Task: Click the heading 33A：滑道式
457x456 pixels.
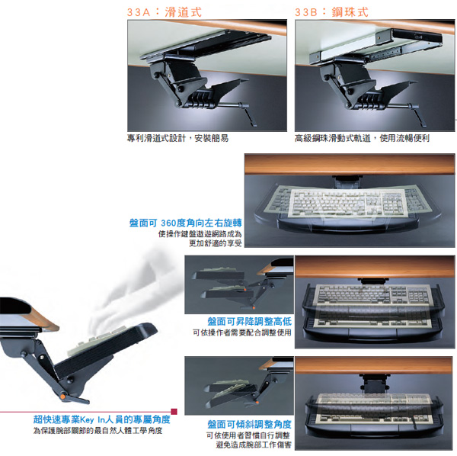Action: [164, 12]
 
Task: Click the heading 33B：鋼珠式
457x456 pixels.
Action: [331, 12]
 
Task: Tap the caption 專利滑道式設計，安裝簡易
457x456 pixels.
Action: [177, 138]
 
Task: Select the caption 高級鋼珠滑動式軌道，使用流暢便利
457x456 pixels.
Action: [362, 138]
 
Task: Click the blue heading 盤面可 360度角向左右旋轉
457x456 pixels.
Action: [185, 223]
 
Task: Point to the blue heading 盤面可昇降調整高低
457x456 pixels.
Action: [250, 321]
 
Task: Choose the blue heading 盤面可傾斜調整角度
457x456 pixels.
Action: [249, 424]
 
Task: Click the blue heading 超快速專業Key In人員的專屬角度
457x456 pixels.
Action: [102, 419]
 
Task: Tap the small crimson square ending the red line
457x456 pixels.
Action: [174, 412]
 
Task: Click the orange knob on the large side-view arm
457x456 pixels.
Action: [62, 397]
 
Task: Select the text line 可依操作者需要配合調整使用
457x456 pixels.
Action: [242, 332]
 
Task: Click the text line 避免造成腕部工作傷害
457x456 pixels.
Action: [254, 445]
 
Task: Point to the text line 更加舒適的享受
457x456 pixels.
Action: [216, 243]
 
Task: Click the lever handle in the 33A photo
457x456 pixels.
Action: [248, 114]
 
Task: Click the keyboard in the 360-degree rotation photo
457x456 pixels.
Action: [348, 203]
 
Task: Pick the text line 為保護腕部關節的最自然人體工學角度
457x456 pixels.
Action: [97, 431]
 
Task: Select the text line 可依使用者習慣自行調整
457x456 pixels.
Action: [248, 435]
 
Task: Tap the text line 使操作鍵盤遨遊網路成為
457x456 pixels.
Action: [200, 234]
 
